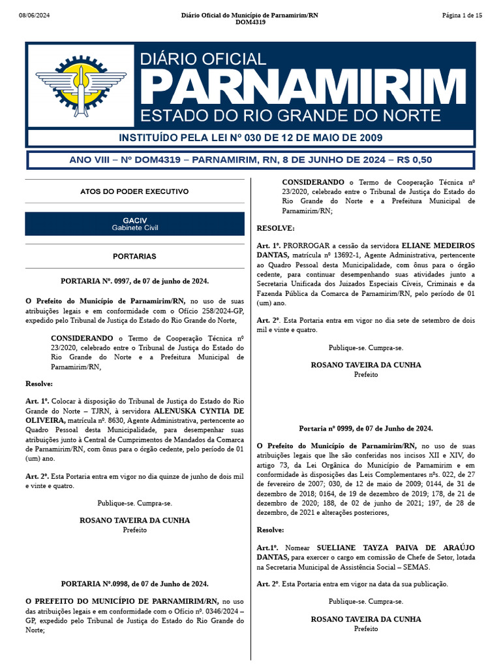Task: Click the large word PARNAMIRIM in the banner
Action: (x=299, y=87)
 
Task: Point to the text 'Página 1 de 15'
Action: (x=461, y=15)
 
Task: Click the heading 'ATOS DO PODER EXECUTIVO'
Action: (x=134, y=191)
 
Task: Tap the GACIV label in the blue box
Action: (x=134, y=221)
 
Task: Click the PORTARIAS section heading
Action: (x=134, y=257)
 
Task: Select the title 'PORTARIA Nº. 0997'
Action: (x=134, y=280)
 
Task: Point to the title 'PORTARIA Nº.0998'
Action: (x=134, y=583)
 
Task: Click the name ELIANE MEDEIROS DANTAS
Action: (x=438, y=245)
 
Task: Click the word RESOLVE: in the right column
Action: (x=276, y=228)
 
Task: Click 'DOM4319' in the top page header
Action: (x=250, y=22)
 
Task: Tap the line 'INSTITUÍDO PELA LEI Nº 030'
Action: (x=250, y=138)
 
